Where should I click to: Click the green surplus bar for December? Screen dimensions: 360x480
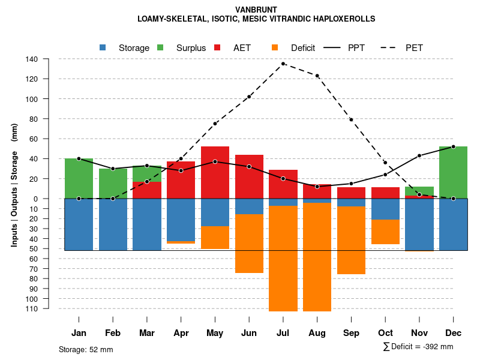(x=453, y=172)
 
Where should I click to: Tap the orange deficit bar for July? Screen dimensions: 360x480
(x=283, y=258)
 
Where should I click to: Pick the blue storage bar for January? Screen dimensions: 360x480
(x=79, y=224)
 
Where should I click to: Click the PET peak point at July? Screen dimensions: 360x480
(x=283, y=64)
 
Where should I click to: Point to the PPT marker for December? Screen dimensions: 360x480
(x=453, y=146)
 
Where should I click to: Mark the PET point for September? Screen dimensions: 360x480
(x=351, y=120)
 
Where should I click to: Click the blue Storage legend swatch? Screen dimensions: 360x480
(x=103, y=47)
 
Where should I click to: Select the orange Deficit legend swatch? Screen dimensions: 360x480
(x=275, y=47)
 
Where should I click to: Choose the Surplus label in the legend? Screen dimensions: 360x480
(x=191, y=48)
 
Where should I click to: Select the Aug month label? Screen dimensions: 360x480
(x=317, y=333)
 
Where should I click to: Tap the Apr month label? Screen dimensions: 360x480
(x=181, y=333)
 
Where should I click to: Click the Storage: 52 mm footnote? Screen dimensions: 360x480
(x=86, y=349)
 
